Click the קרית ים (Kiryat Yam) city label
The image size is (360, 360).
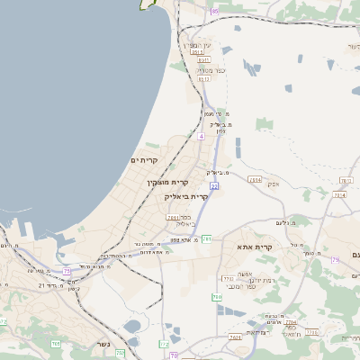coord(144,160)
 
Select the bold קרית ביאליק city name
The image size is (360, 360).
coord(186,196)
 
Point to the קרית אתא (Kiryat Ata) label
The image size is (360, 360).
coord(255,246)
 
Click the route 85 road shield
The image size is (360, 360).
coord(214,11)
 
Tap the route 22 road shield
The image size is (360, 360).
coord(214,185)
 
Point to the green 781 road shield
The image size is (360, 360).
coord(207,238)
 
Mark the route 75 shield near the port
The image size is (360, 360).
coord(67,269)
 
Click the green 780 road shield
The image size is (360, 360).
coord(217,296)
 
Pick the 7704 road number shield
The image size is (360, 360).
coord(339,194)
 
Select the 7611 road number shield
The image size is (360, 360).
coord(172,217)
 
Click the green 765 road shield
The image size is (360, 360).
coord(56,342)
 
